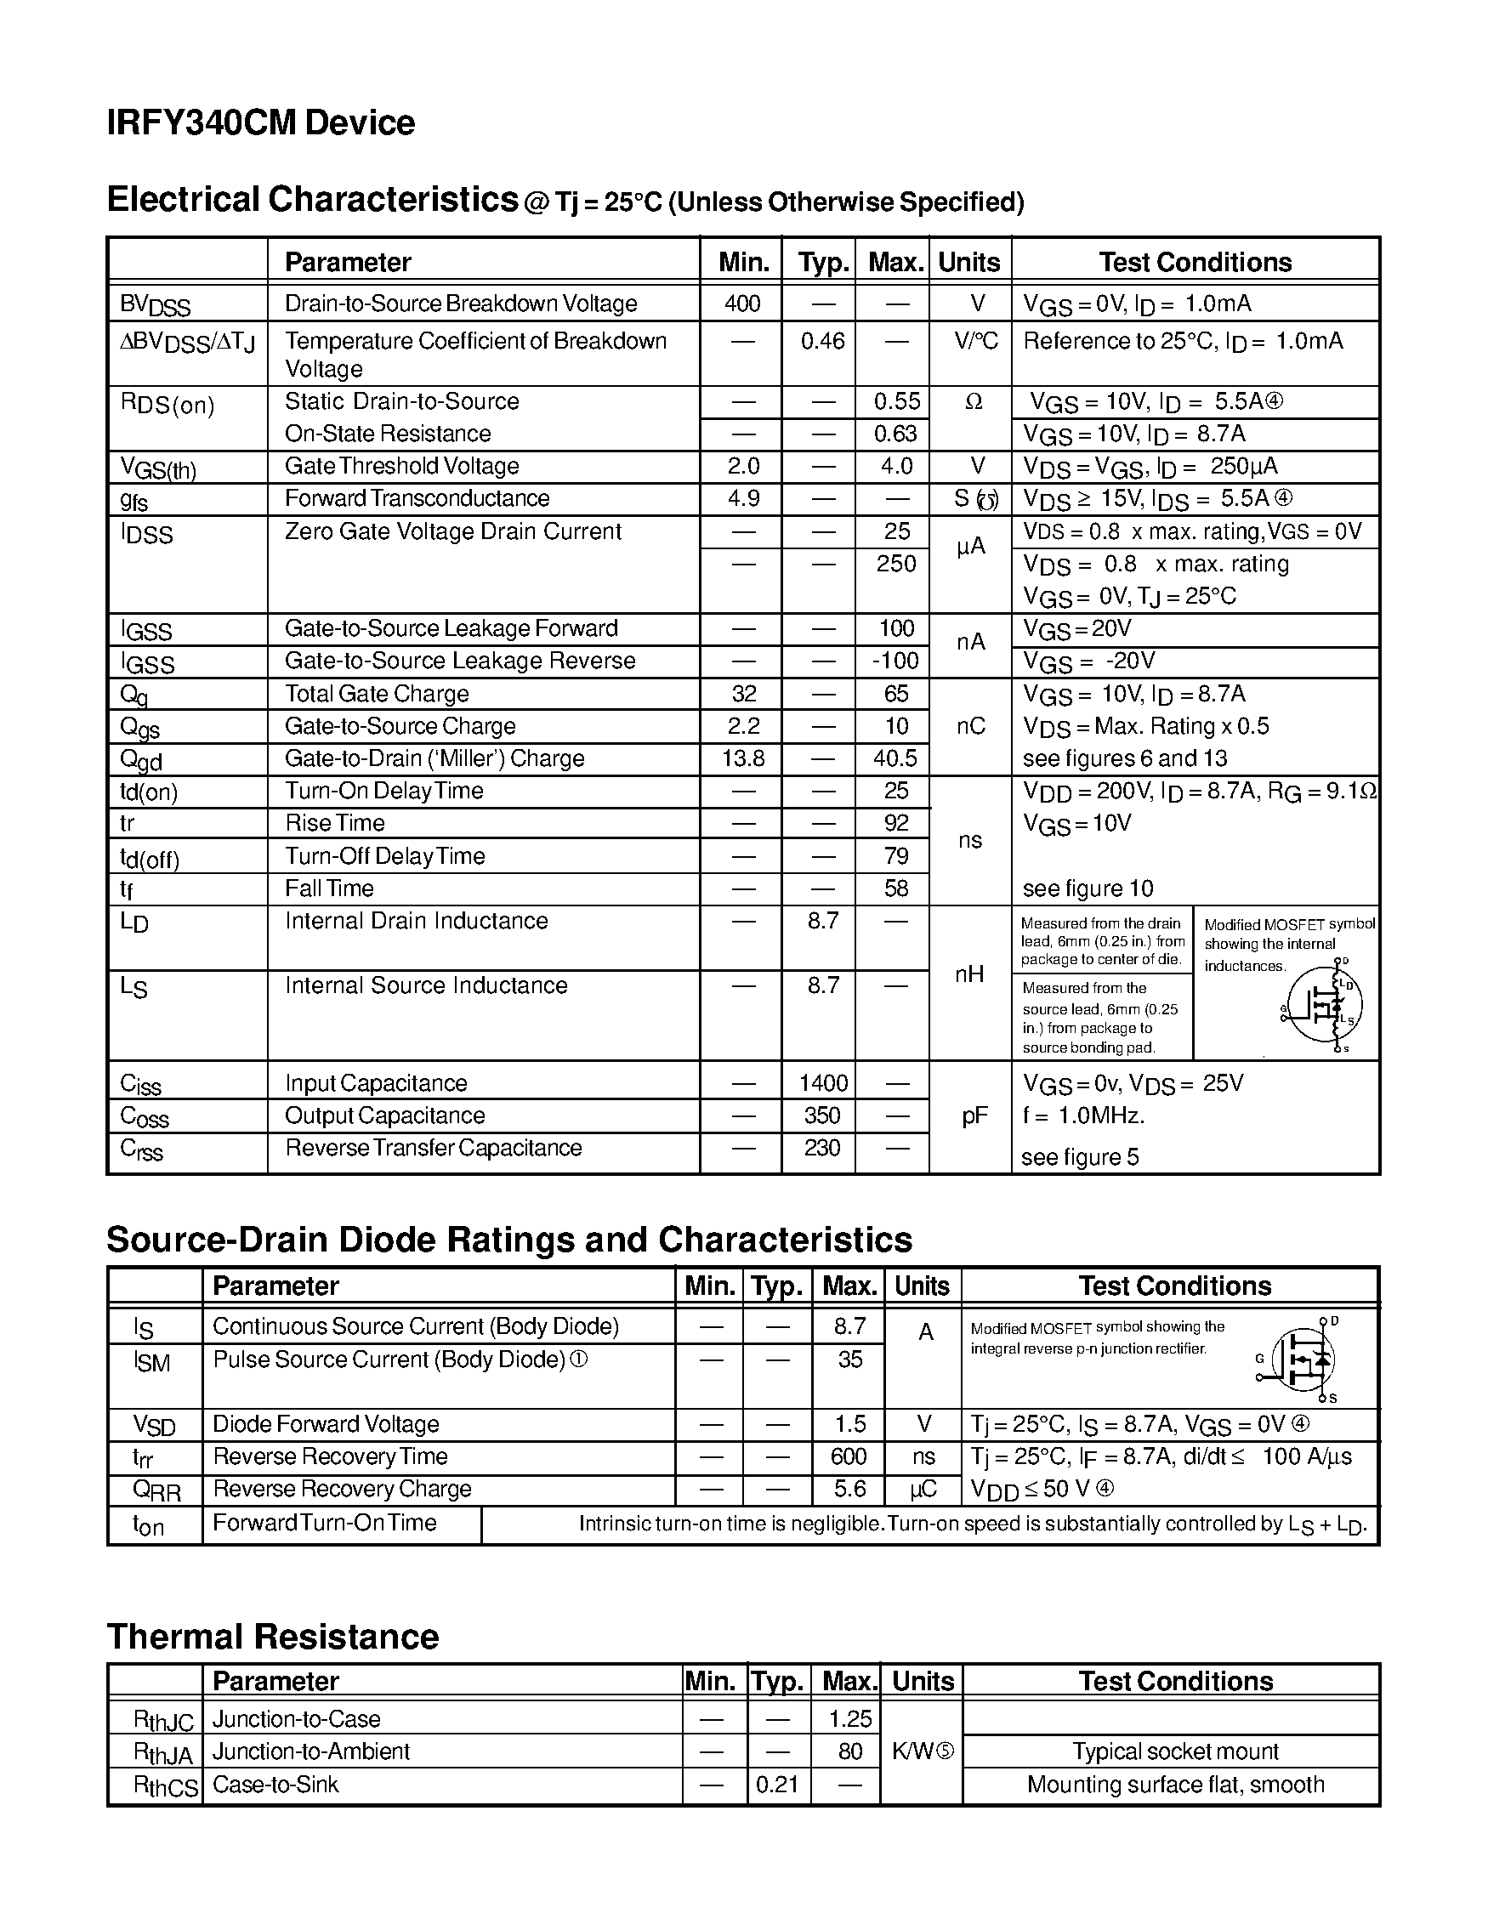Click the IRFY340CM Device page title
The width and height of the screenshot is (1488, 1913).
[x=260, y=122]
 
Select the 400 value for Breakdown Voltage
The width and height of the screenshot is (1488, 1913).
[x=741, y=304]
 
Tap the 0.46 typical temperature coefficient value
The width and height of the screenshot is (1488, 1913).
[x=821, y=341]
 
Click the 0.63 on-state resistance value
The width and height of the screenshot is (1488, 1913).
[x=895, y=434]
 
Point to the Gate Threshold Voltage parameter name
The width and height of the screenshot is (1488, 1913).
[x=401, y=466]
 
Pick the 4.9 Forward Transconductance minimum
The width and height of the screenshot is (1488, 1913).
[x=742, y=498]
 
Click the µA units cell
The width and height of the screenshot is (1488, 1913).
[x=970, y=548]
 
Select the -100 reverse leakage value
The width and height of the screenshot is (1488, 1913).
[x=895, y=661]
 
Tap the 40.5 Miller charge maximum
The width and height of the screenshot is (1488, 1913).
[x=895, y=758]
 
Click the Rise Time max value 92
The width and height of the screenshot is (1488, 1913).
[x=895, y=823]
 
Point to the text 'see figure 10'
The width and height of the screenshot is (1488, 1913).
[x=1087, y=889]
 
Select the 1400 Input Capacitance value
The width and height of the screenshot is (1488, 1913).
[x=822, y=1083]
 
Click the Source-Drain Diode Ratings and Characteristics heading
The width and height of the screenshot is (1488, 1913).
[x=508, y=1240]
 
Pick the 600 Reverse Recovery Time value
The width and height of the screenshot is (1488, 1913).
[x=848, y=1456]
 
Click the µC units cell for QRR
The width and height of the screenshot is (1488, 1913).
[x=923, y=1489]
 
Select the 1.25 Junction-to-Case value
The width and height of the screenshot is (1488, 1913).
[x=849, y=1719]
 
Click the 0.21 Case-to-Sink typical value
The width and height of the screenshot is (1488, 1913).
[x=777, y=1785]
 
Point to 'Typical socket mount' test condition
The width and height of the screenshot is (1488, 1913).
[x=1174, y=1751]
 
